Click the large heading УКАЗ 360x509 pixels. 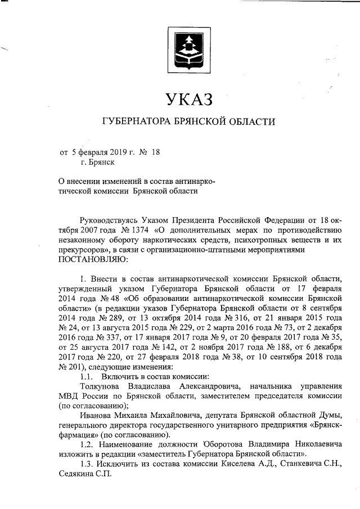[184, 101]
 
